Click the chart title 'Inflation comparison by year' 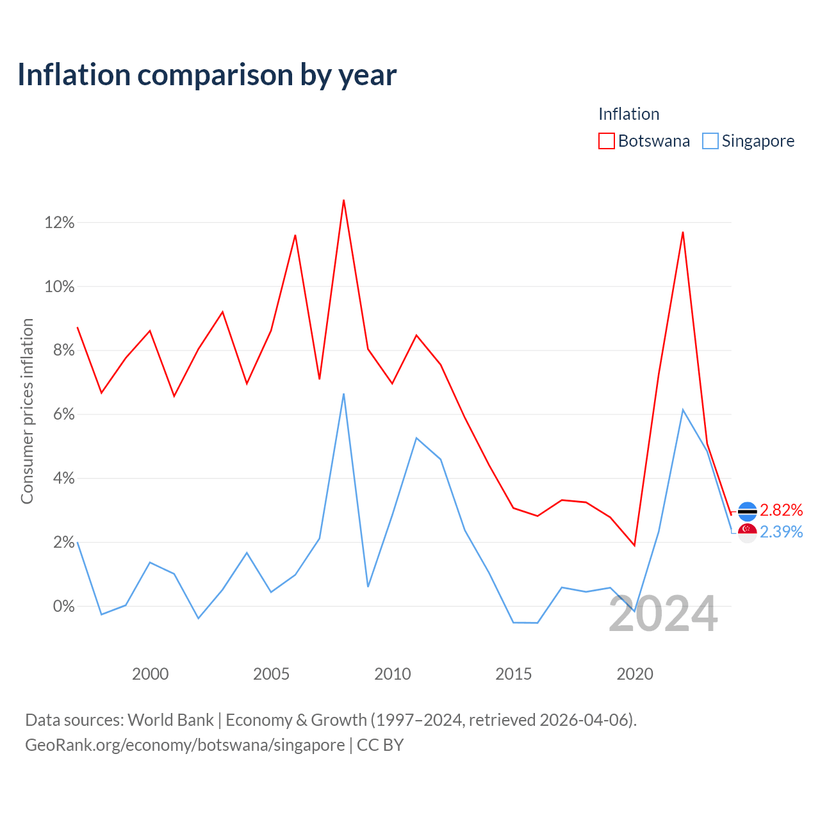tap(207, 75)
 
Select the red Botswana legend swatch tap(606, 141)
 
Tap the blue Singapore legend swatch tap(710, 141)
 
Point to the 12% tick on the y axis tap(60, 222)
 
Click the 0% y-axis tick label tap(64, 606)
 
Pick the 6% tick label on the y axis tap(64, 414)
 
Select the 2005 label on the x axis tap(271, 674)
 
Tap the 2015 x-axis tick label tap(513, 674)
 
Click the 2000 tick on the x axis tap(150, 674)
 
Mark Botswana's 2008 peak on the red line tap(343, 200)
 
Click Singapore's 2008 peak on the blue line tap(343, 393)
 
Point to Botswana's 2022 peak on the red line tap(682, 232)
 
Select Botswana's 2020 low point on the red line tap(634, 545)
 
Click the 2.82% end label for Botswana tap(781, 510)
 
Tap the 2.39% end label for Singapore tap(781, 532)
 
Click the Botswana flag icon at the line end tap(747, 511)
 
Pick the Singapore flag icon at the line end tap(747, 533)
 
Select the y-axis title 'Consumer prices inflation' tap(27, 411)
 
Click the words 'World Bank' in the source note tap(170, 720)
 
